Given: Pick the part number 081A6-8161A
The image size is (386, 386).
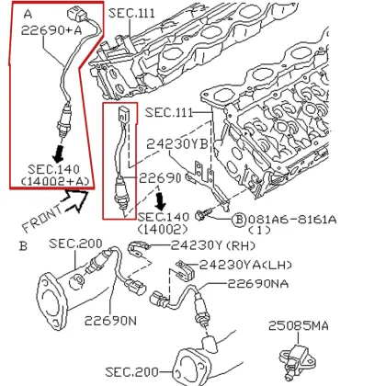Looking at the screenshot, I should pos(291,220).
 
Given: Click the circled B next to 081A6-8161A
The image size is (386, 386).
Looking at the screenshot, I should pos(238,220).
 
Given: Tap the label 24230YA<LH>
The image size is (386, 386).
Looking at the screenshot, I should pos(247,264).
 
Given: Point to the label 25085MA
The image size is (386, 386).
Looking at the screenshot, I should pos(299,326).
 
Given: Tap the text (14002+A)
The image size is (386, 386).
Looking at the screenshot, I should pos(56,182).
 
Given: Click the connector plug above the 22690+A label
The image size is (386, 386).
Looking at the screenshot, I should pos(67,15).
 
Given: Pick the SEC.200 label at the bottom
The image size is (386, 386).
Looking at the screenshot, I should pos(132,372).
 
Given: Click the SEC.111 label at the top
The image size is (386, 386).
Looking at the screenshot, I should pos(133,13).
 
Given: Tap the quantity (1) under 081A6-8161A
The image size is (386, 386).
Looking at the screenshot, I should pos(260,232).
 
